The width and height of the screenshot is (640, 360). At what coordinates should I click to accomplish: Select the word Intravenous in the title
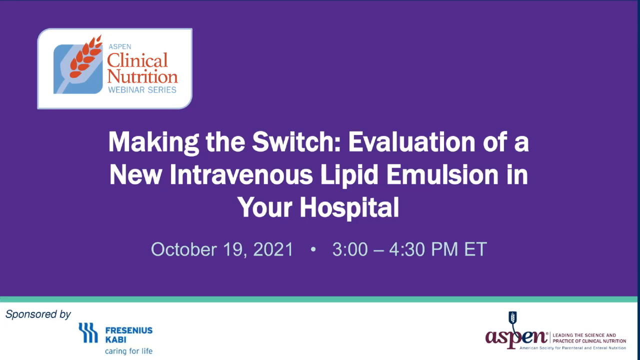[x=241, y=175]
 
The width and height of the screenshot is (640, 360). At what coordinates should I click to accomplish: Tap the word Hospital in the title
[x=348, y=207]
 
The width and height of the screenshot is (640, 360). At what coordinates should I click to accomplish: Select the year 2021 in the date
[x=273, y=249]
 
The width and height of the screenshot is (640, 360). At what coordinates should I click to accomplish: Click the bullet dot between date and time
[x=313, y=249]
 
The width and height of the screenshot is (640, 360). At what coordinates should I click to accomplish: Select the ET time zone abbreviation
[x=475, y=249]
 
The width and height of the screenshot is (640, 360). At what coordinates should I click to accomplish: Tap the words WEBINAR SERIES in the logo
[x=142, y=90]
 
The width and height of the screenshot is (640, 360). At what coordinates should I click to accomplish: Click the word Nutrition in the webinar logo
[x=142, y=76]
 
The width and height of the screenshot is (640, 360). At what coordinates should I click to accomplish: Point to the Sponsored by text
[x=38, y=314]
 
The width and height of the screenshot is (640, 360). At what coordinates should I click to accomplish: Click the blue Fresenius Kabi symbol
[x=88, y=332]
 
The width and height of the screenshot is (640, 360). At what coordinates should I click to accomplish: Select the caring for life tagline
[x=128, y=351]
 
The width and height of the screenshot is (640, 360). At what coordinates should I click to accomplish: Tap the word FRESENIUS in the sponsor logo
[x=128, y=330]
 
